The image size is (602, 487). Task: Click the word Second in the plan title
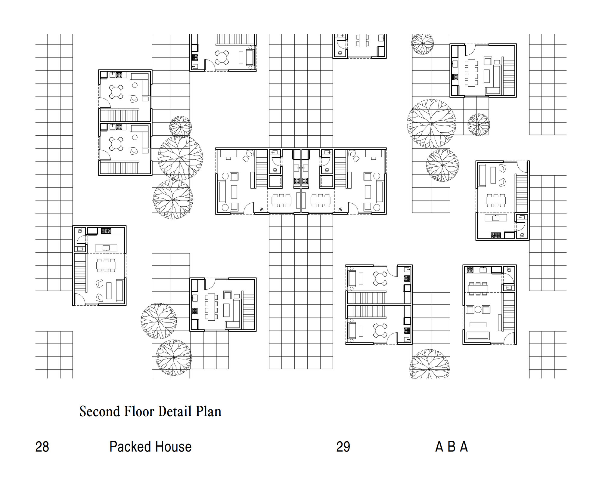click(x=100, y=411)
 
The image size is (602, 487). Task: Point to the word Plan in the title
click(x=209, y=411)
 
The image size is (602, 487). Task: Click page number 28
click(x=42, y=447)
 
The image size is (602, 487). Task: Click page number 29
click(x=343, y=447)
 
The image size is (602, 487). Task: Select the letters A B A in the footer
click(x=451, y=447)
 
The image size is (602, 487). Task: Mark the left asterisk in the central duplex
click(x=261, y=209)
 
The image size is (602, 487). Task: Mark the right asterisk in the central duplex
click(x=341, y=209)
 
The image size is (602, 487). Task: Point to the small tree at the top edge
click(x=423, y=44)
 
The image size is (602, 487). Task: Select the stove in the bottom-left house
click(x=106, y=231)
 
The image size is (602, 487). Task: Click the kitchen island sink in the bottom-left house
click(x=106, y=248)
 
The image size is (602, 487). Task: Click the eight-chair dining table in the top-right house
click(x=471, y=73)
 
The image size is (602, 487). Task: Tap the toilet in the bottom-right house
click(x=509, y=270)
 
